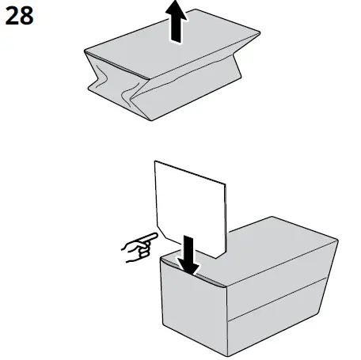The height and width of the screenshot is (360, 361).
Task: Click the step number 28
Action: tap(20, 16)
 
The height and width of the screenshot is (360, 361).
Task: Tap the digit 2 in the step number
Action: tap(12, 16)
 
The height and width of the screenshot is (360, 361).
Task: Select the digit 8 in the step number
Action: tap(28, 16)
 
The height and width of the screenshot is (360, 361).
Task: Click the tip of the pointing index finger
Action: tap(157, 237)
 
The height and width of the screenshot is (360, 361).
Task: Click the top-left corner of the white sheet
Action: tap(156, 163)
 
